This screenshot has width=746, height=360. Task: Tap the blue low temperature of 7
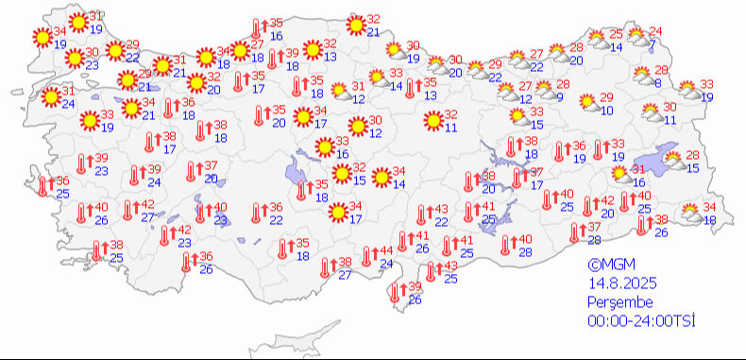pos(653,44)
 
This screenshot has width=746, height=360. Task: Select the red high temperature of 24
pos(655,31)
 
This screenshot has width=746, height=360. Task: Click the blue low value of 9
pos(560,96)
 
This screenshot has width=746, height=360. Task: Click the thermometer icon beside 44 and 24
pos(365,257)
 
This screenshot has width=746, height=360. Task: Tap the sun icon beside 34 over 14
pos(381,177)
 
